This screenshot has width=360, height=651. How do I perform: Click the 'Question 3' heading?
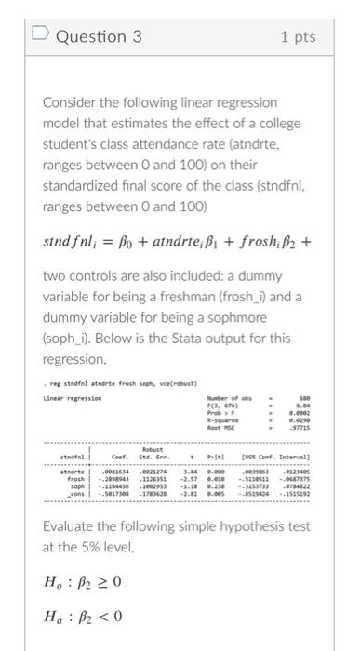pyautogui.click(x=100, y=36)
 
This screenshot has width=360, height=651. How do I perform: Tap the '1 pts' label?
pyautogui.click(x=298, y=36)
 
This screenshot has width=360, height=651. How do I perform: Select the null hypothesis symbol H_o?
pyautogui.click(x=57, y=583)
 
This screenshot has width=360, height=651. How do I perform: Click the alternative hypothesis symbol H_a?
pyautogui.click(x=57, y=617)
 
